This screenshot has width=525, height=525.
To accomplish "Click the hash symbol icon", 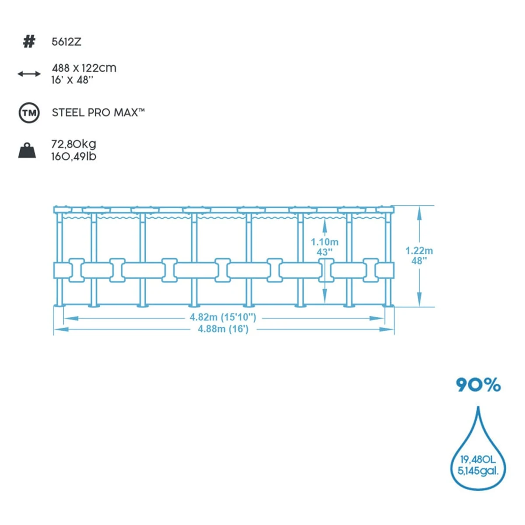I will click(29, 42).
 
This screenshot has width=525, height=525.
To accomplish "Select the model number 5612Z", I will click(66, 42).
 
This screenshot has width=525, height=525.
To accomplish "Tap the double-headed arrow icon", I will click(29, 74).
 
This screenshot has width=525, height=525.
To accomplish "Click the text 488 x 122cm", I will click(84, 68).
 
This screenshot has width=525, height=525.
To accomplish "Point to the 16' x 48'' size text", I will click(72, 80).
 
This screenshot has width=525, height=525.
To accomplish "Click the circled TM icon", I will click(29, 113).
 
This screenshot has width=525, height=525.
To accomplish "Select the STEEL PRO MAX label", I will click(98, 112).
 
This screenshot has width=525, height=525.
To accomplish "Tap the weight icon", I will click(27, 150).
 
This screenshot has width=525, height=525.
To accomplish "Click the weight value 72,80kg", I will click(73, 144).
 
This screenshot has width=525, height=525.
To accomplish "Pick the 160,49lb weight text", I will click(73, 156).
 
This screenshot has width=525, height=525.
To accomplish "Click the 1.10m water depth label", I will click(325, 242).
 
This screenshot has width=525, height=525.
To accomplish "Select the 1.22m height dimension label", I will click(419, 251).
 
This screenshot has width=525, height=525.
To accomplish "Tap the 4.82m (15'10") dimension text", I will click(223, 317).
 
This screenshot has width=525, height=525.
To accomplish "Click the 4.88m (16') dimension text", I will click(223, 329).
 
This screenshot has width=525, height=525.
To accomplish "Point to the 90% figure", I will click(478, 385).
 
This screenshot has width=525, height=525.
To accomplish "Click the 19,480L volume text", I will click(478, 459).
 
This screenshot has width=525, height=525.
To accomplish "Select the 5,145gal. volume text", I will click(478, 471).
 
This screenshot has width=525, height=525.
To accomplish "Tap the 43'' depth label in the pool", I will click(325, 252).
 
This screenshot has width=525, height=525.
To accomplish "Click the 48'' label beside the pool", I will click(419, 261).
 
